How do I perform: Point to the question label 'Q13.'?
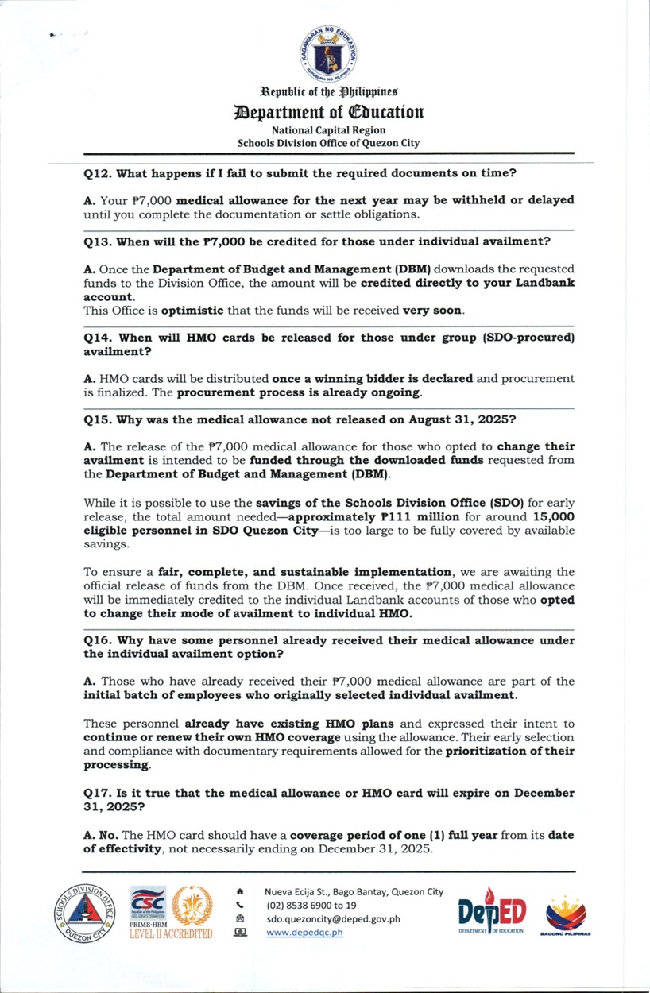99,241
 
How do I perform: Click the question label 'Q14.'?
99,337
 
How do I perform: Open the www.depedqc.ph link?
304,933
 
